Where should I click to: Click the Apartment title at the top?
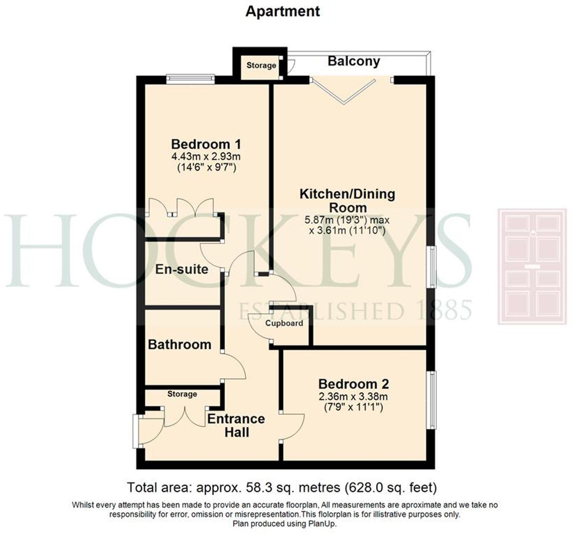[x=283, y=11]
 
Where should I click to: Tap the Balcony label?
[x=354, y=61]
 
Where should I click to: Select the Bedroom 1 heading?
[x=206, y=144]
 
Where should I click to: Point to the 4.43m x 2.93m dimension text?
[x=206, y=156]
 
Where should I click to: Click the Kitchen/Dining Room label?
[x=347, y=201]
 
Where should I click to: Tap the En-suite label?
[x=182, y=269]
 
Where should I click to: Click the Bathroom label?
[x=180, y=344]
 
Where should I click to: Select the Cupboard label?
[x=284, y=323]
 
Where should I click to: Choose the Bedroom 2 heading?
[x=353, y=384]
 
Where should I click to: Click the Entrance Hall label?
[x=236, y=425]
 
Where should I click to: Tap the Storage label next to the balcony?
[x=261, y=65]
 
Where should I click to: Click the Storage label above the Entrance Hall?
[x=182, y=394]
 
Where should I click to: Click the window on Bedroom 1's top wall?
[x=191, y=79]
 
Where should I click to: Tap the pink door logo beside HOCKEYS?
[x=532, y=266]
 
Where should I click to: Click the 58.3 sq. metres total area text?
[x=282, y=487]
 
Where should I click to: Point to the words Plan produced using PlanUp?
[x=284, y=523]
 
